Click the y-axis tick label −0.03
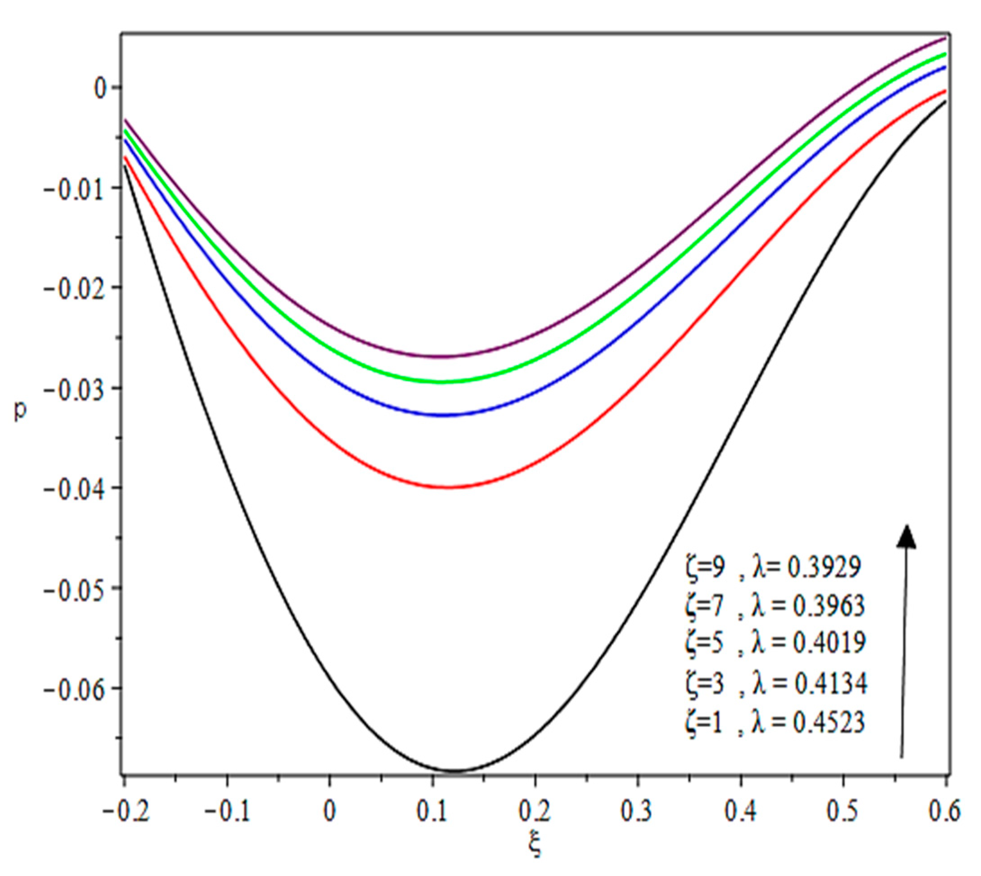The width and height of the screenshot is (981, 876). click(x=74, y=389)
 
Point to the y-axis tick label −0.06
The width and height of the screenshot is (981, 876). click(x=74, y=689)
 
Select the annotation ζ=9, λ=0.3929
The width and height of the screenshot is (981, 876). click(x=773, y=568)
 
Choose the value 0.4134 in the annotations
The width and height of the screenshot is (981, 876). click(x=831, y=684)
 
